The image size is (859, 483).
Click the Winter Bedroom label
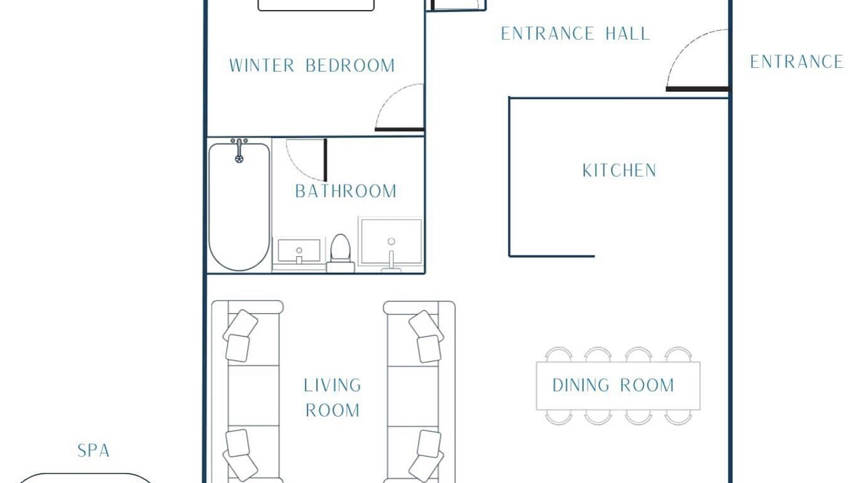tap(312, 66)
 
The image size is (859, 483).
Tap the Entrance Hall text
tap(576, 34)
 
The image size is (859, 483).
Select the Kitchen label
tap(619, 170)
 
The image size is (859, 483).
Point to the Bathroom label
tap(346, 191)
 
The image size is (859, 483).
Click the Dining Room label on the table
tap(613, 385)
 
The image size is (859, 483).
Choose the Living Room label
tap(332, 398)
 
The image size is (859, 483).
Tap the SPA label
tap(93, 451)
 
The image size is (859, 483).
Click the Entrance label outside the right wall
tap(797, 62)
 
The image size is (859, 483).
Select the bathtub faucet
tap(240, 151)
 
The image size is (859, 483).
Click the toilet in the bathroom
tap(340, 254)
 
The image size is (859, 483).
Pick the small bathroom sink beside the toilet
tap(299, 252)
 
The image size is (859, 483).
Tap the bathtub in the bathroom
tap(240, 207)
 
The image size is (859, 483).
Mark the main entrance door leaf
tap(697, 89)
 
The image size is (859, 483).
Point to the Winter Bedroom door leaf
tap(399, 129)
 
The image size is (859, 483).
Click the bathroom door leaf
tap(325, 160)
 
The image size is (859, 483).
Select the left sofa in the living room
tap(248, 392)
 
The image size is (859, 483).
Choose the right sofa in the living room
tap(419, 392)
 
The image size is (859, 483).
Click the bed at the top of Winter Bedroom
tap(316, 5)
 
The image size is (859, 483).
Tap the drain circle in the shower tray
tap(391, 241)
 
